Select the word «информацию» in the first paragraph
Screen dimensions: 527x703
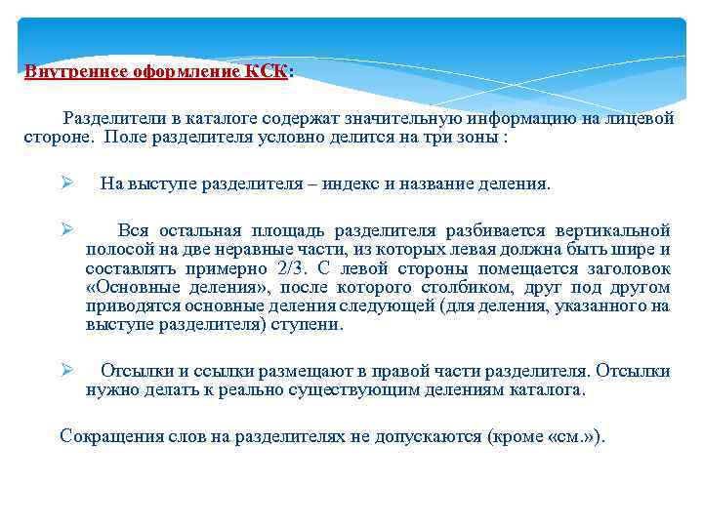(522, 119)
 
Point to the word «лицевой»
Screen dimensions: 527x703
(640, 119)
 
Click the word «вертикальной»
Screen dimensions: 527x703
(612, 231)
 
